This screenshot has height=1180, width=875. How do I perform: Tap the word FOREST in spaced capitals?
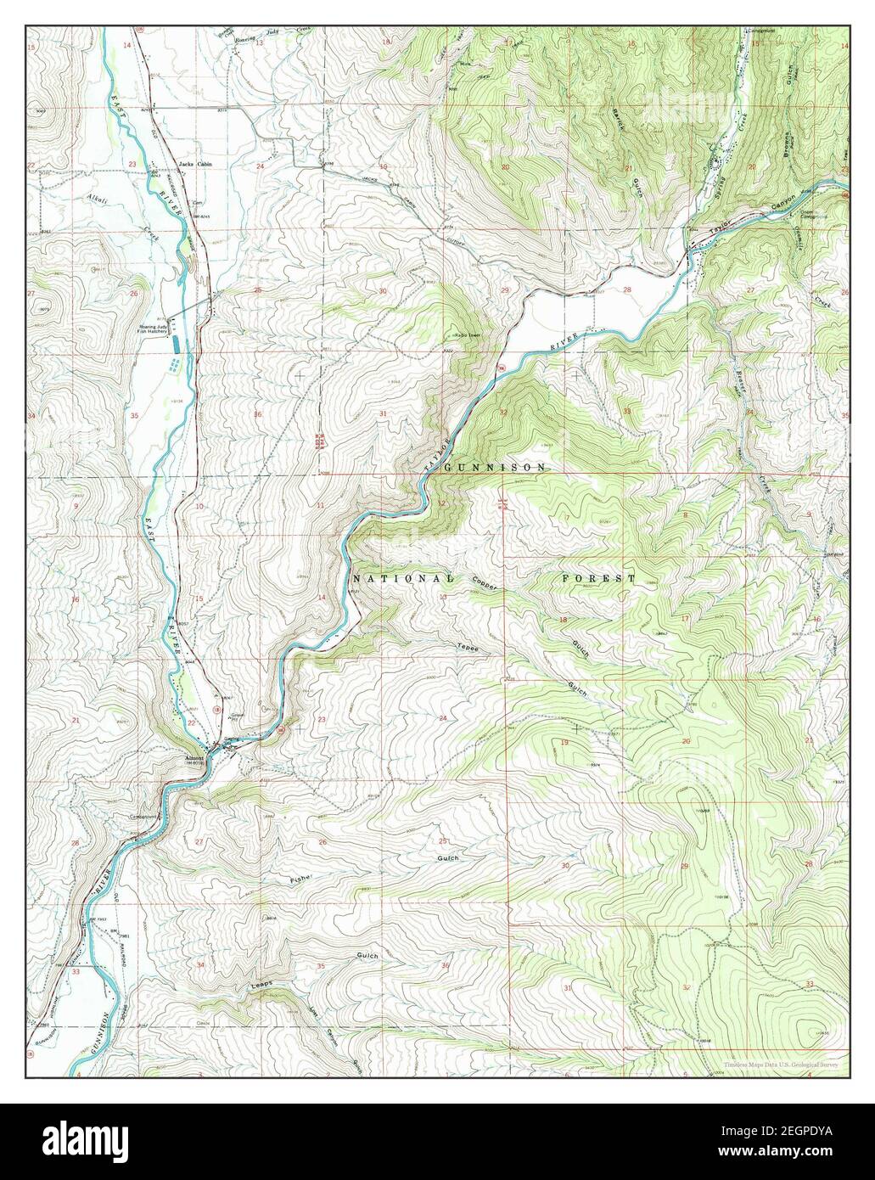597,578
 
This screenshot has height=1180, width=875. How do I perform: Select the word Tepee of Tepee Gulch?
469,648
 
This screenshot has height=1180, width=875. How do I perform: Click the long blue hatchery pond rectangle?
176,344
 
